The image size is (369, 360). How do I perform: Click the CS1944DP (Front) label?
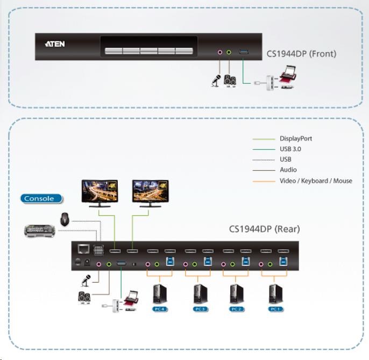(x=301, y=54)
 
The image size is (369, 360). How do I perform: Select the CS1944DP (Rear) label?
(x=264, y=229)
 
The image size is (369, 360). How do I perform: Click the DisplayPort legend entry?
(x=295, y=139)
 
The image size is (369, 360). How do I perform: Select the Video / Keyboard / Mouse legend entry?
(x=316, y=181)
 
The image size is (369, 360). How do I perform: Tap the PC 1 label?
(x=275, y=309)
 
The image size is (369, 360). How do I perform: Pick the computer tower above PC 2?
(x=237, y=293)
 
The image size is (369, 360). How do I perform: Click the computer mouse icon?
(x=65, y=219)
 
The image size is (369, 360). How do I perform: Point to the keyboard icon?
(x=40, y=232)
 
